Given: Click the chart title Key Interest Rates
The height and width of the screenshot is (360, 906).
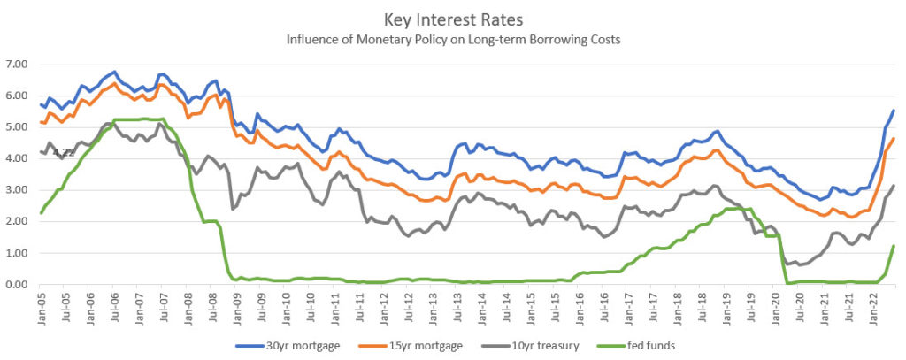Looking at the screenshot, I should click(453, 19).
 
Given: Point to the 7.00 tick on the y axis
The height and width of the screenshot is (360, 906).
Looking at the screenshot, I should click(18, 65).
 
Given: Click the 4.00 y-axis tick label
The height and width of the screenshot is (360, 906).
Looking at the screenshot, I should click(18, 159).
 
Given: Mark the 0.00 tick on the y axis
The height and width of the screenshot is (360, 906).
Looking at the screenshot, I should click(18, 285).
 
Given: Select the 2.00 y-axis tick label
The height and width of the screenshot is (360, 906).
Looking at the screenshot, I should click(18, 222).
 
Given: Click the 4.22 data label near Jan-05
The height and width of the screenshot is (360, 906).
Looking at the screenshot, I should click(64, 152).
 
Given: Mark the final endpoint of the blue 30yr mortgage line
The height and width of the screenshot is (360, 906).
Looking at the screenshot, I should click(894, 111).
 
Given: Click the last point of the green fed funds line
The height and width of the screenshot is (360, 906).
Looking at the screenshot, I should click(894, 246).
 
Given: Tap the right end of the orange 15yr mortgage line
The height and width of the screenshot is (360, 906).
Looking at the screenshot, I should click(894, 139).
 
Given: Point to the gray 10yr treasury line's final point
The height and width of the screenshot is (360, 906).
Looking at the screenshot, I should click(894, 186).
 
